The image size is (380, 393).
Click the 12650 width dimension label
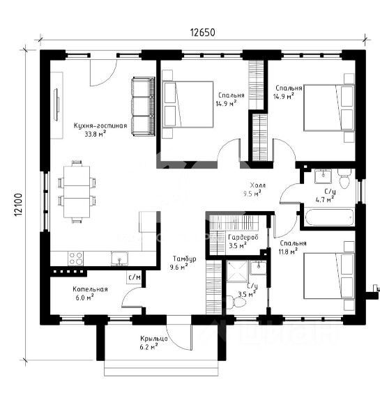pos(202,33)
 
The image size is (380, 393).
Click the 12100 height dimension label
pos(18,205)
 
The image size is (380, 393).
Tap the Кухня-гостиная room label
pos(100,125)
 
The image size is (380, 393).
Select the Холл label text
pos(257,185)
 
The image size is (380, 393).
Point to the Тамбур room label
pos(185,259)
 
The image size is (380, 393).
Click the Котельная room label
pos(90,289)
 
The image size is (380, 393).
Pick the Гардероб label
pos(243,237)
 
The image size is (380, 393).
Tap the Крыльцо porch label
pos(154,339)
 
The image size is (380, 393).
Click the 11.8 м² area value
pos(289,252)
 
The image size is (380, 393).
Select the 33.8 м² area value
pos(96,134)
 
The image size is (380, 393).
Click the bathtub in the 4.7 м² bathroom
pos(329,217)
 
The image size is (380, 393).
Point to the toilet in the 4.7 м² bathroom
pos(344,178)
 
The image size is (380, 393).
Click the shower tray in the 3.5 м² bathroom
pos(237,271)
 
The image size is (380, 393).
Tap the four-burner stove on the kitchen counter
pos(75,259)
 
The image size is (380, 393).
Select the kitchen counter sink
pos(119,259)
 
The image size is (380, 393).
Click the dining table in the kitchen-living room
pos(77,192)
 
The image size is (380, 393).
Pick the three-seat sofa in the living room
pos(143,107)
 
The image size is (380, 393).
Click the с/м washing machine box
pos(134,277)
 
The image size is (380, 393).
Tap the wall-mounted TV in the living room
pos(56,105)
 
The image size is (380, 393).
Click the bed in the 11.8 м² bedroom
pos(329,276)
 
